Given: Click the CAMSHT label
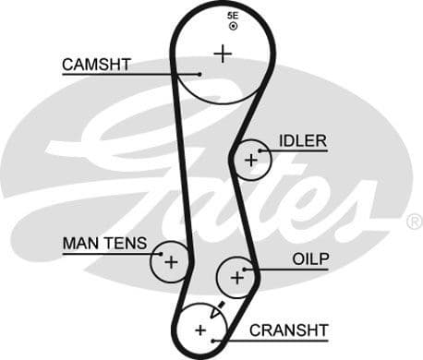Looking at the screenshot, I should pos(96,65).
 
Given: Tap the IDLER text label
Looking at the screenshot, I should pos(302,141).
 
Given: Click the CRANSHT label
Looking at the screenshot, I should pos(288,330).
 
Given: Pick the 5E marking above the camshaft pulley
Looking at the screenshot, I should pos(232,17).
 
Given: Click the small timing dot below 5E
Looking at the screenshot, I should pos(233,27).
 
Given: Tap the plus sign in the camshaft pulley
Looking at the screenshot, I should pos(222,53).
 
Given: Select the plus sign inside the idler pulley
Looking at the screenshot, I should pos(250,161).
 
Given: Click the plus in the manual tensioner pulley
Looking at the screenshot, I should pos(170,261).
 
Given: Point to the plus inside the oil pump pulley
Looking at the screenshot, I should pos(236,275).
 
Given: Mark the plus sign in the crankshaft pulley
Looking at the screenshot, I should pos(200,329).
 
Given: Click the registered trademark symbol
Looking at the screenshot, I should pos(414,222).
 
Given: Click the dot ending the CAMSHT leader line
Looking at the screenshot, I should pos(199,74).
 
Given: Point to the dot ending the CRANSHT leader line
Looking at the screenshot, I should pos(213,340).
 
